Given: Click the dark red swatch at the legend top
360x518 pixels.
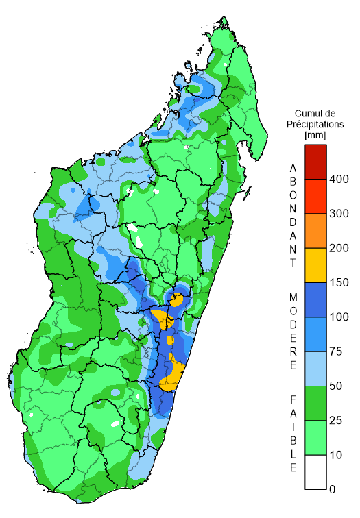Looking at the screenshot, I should (316, 161).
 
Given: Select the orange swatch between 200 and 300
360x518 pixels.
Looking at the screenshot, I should (316, 230).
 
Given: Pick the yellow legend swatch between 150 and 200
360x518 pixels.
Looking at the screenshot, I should (316, 265).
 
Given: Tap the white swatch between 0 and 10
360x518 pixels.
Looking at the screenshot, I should (316, 472).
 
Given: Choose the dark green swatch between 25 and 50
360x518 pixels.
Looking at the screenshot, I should (316, 403).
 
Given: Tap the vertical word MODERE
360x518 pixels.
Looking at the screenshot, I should (293, 332).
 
